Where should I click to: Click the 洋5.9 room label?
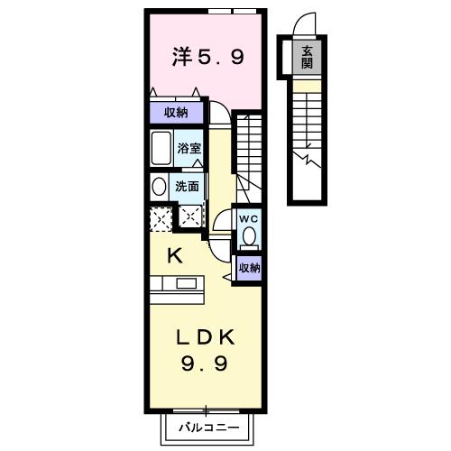click(207, 58)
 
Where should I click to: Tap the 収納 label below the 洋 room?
click(176, 112)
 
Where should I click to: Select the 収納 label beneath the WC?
click(249, 267)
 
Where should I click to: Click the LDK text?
click(206, 338)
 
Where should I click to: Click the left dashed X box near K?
click(160, 217)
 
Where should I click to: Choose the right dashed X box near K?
click(190, 216)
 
